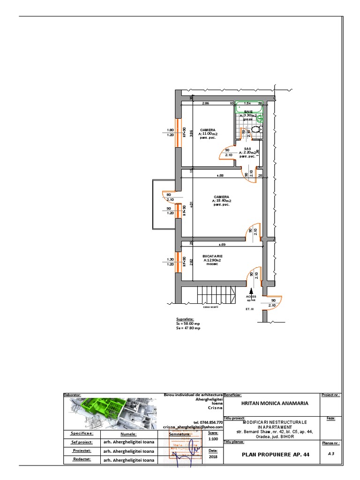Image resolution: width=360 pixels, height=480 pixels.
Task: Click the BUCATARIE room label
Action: (x=212, y=256)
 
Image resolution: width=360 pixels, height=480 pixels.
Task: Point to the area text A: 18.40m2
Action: (x=221, y=201)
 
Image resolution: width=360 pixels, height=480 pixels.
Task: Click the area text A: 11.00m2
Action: (x=208, y=134)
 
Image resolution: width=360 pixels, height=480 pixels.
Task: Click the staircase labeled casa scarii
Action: (x=216, y=295)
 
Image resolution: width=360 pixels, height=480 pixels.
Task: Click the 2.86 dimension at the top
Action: (x=205, y=103)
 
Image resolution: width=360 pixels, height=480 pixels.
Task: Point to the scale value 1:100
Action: (x=213, y=439)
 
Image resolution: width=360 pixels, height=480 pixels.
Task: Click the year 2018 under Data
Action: (x=213, y=456)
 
